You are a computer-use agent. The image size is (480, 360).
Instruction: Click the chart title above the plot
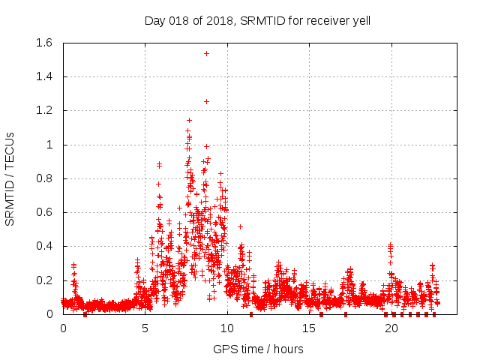(x=257, y=21)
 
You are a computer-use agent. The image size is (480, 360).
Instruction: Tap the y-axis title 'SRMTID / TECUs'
(x=10, y=179)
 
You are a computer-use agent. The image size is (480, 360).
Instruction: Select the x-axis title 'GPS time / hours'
(x=257, y=349)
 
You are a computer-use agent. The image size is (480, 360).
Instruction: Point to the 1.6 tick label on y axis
(x=44, y=43)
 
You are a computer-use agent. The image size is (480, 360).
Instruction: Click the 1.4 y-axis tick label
(x=44, y=76)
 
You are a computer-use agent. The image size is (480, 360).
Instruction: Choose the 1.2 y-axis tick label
(x=44, y=111)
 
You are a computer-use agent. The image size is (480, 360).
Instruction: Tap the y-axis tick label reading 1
(x=49, y=145)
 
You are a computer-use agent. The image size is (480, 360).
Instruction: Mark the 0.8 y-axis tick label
(x=44, y=178)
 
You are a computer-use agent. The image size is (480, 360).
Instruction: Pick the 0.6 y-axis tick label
(x=44, y=213)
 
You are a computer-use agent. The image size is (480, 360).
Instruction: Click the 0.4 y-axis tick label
(x=44, y=247)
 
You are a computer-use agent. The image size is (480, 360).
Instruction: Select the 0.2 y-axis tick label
(x=44, y=280)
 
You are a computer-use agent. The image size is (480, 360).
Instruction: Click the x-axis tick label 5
(x=145, y=328)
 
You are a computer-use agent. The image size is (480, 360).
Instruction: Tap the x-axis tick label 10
(x=227, y=328)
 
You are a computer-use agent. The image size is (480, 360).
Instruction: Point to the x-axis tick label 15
(x=309, y=328)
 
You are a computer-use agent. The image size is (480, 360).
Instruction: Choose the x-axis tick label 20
(x=391, y=328)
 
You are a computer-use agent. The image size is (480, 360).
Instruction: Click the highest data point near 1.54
(x=206, y=53)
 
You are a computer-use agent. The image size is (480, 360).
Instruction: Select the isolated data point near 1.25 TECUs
(x=206, y=101)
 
